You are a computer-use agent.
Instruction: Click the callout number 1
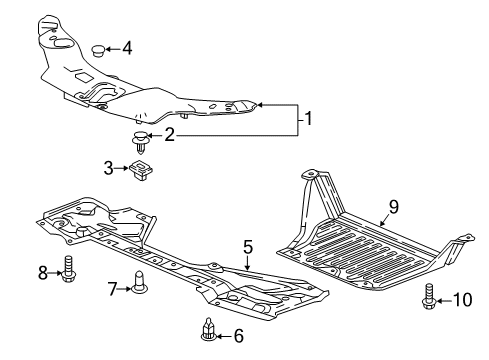click(x=309, y=118)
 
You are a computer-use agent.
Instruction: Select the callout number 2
click(x=169, y=135)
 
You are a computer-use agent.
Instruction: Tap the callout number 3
click(x=108, y=168)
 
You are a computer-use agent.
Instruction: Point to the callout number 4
click(x=127, y=48)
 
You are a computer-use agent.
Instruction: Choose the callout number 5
click(x=248, y=247)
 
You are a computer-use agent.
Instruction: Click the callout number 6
click(x=239, y=336)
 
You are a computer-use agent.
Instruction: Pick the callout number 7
click(x=112, y=289)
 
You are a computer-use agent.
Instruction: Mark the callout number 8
click(x=43, y=273)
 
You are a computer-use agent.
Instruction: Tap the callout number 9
click(x=394, y=207)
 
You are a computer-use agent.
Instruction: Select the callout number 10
click(x=463, y=300)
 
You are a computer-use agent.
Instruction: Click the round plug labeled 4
click(x=98, y=51)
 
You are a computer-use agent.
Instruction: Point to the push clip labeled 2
click(x=141, y=142)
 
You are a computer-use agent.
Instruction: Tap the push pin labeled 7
click(x=140, y=283)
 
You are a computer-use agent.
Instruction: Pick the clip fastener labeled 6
click(x=209, y=330)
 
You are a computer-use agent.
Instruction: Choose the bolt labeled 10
click(x=429, y=296)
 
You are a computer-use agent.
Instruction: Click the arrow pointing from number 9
click(x=386, y=220)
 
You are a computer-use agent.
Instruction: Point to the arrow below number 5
click(x=247, y=262)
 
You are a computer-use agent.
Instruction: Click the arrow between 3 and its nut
click(x=122, y=169)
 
